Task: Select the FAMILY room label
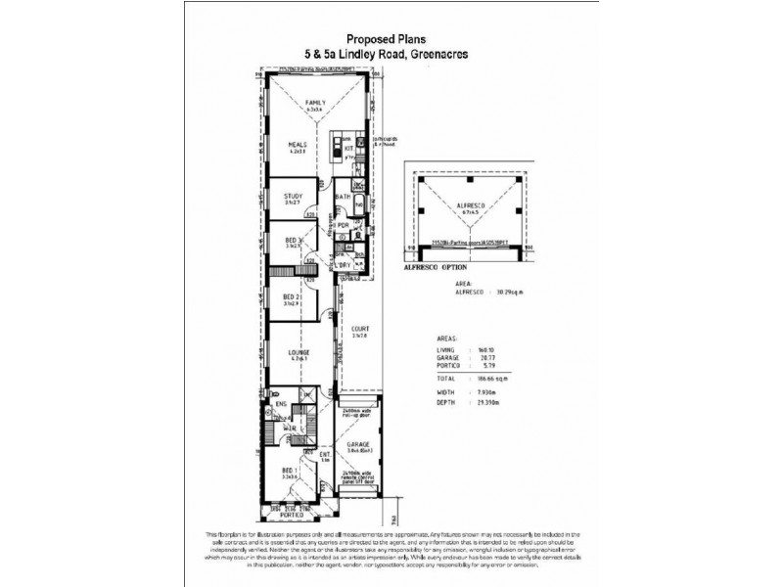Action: click(314, 103)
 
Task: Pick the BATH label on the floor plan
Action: click(343, 197)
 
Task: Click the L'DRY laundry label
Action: click(345, 266)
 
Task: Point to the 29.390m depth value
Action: click(491, 402)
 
